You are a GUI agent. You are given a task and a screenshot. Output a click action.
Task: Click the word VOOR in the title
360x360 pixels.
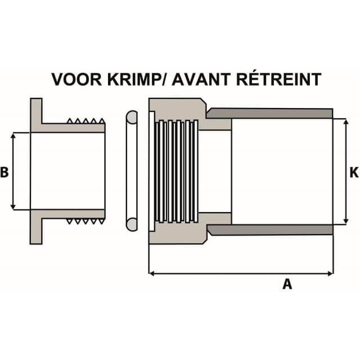76,79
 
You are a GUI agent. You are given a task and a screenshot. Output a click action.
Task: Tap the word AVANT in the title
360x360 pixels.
201,79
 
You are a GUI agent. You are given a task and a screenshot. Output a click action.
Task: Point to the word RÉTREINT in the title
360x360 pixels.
278,79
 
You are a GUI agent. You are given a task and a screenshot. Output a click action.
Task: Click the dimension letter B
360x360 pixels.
4,172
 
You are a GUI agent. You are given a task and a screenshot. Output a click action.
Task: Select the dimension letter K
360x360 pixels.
354,173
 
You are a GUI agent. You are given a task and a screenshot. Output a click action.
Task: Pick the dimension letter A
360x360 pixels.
287,284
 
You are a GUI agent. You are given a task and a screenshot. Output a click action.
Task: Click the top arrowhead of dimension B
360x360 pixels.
13,135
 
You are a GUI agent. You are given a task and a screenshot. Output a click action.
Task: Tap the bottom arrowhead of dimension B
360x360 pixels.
13,207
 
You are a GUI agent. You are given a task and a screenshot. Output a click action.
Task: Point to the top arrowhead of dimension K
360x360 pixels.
346,121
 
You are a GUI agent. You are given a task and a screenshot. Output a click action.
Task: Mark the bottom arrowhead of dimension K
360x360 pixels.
346,222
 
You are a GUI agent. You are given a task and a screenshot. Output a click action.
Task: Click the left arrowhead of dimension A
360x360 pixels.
151,273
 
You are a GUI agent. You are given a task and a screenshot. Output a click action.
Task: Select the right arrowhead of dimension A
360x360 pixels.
330,273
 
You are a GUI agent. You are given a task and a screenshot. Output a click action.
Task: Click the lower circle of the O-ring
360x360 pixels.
132,224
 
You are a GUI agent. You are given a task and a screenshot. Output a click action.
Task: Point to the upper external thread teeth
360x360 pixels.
86,121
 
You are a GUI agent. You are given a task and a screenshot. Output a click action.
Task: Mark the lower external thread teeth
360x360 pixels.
86,221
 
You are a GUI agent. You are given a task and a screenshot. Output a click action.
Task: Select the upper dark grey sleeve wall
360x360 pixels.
269,113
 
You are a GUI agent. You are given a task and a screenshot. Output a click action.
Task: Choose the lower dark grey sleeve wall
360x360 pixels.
269,230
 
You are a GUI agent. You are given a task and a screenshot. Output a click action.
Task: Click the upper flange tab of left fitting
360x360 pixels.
36,111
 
